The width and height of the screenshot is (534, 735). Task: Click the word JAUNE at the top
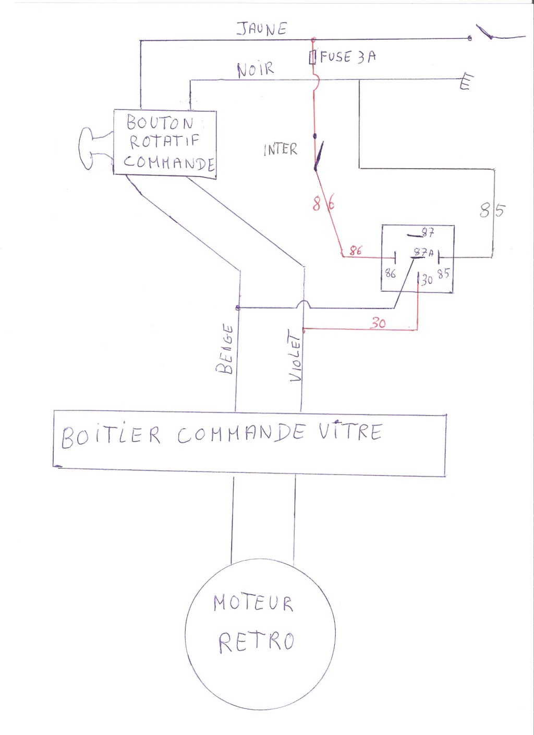(x=262, y=29)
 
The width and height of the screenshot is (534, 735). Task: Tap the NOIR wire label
(x=256, y=69)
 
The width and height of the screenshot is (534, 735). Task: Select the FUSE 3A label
(x=347, y=57)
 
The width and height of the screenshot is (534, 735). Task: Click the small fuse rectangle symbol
(x=313, y=57)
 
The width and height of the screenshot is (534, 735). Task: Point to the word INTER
(x=280, y=150)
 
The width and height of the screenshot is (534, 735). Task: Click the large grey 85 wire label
(x=492, y=210)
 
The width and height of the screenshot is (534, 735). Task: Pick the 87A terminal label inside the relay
(x=423, y=253)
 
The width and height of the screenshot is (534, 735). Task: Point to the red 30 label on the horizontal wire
(x=378, y=324)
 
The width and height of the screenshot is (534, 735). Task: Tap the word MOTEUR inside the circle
(x=253, y=604)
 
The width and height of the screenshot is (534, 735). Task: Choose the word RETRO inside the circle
(x=257, y=641)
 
